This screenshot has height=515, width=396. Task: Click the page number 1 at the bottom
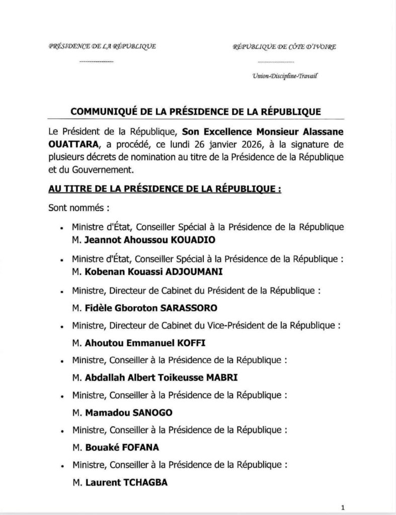point(342,507)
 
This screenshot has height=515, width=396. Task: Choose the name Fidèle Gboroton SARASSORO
point(133,307)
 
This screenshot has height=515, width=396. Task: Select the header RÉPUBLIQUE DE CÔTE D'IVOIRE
point(285,47)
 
